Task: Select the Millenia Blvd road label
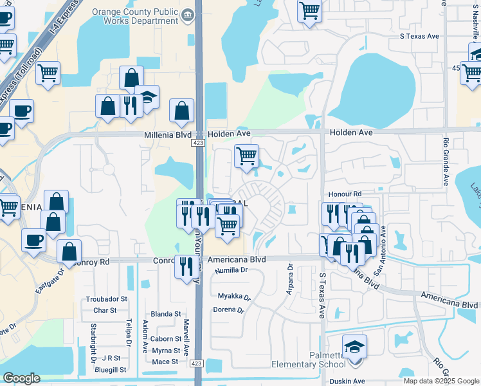point(166,133)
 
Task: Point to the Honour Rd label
point(344,194)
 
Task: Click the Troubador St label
point(106,299)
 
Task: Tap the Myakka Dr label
point(233,297)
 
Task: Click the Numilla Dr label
point(231,270)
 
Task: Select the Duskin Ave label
point(347,381)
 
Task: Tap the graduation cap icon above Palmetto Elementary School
point(354,347)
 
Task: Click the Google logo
point(21,378)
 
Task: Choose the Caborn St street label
point(167,339)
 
